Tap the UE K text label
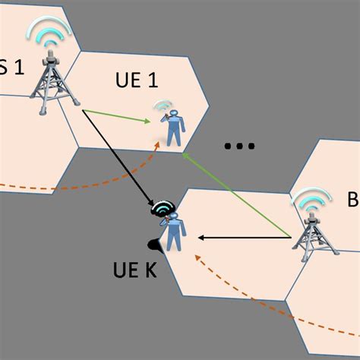coord(131,270)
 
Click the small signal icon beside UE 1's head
coord(161,106)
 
